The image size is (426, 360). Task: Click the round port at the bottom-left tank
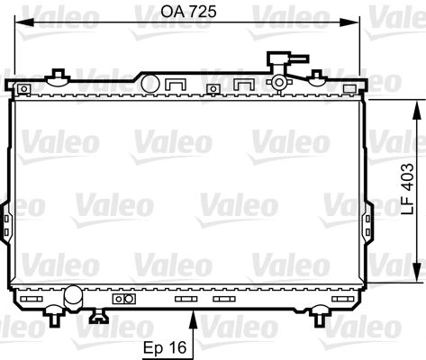click(72, 294)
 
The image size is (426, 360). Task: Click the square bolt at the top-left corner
click(25, 90)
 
